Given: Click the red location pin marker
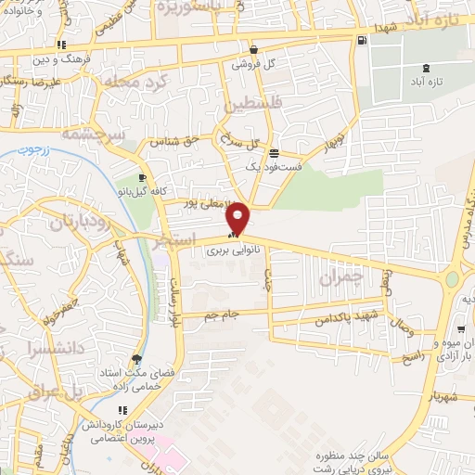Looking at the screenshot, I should pos(238,217).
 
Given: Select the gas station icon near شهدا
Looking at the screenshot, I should pos(361,40).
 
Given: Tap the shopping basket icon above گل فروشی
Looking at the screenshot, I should pos(254,50).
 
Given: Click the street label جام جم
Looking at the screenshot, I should pos(222,315).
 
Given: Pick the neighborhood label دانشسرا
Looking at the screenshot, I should pos(56,351).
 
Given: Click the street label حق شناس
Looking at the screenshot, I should pos(180,140).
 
